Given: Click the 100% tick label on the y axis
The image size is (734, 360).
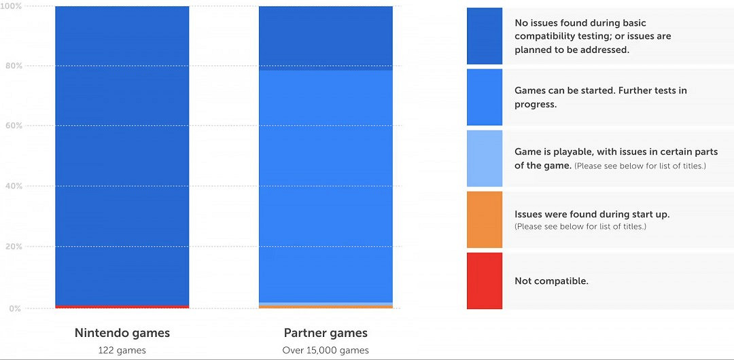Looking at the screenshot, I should point(12,6).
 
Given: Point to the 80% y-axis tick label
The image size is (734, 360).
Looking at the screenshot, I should point(13,66).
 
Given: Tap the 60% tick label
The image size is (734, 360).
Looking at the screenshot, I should point(13,126).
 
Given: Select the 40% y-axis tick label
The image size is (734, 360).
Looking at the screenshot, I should point(13,186).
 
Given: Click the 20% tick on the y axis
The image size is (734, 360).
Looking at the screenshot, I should point(13,247).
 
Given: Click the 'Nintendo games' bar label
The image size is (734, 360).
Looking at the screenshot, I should point(122,333).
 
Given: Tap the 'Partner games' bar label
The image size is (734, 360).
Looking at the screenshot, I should point(326,333).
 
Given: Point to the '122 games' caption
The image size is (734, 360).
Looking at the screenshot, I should point(122,350).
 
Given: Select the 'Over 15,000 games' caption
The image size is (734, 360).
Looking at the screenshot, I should point(326,350).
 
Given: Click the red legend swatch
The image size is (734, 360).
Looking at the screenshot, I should point(485,281).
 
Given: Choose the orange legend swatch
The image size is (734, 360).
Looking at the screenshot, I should point(485,219).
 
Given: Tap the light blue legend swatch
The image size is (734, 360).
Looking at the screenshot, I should point(485,158).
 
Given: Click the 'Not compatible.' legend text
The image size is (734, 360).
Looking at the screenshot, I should point(551,281).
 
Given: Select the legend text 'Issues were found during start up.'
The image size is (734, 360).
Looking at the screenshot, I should point(592,214).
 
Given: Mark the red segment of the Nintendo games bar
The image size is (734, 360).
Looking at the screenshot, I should point(122,307).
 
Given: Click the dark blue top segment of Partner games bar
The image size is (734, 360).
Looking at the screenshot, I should point(326,38).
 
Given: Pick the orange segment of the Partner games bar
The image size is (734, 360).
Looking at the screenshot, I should point(326,307).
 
